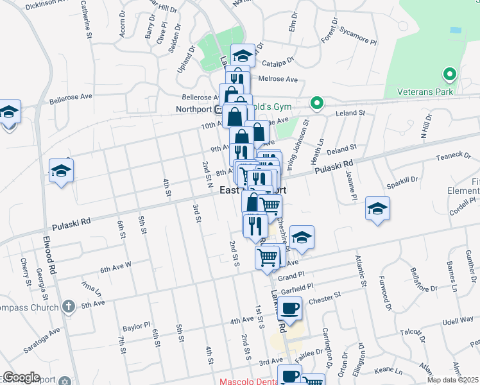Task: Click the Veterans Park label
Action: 425,91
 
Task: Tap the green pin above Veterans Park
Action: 450,74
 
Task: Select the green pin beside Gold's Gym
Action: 316,103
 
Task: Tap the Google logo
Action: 21,377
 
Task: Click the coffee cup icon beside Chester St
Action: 289,308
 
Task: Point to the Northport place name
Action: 194,110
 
